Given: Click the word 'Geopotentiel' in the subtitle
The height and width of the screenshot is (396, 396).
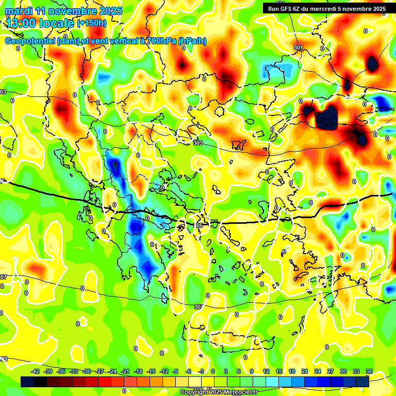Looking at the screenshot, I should pos(30,41).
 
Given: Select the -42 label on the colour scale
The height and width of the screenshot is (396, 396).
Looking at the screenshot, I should pos(36,371).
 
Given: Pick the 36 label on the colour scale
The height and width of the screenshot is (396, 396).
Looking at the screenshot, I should pos(369,371).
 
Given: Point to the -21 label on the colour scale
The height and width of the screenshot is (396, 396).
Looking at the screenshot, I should pos(125,371).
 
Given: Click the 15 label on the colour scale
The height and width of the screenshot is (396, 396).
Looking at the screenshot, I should pos(279,371).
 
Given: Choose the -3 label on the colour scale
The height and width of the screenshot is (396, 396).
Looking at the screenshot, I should pos(201,371).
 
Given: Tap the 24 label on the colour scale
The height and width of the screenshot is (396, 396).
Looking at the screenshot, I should pos(318,371).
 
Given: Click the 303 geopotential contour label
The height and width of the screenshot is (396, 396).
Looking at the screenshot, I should pos(198,143).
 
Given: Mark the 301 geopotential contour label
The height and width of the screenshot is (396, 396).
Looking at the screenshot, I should pos(299,48).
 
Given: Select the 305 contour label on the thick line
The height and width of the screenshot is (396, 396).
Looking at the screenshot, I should pos(199,225).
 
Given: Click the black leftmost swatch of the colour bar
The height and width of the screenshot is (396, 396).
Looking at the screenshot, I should pos(27,382).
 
